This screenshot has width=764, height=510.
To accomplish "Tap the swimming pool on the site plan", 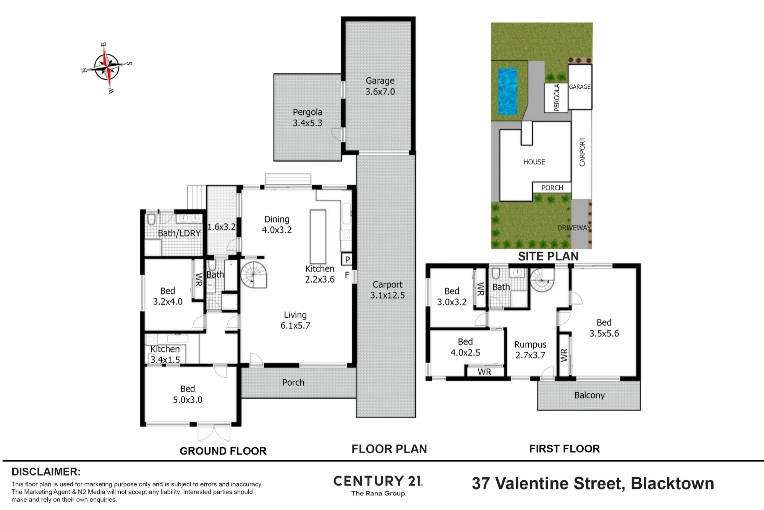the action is pyautogui.click(x=508, y=92).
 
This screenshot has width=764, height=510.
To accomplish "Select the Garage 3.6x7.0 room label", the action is pyautogui.click(x=380, y=86).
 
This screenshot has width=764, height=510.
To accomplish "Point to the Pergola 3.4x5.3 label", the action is pyautogui.click(x=308, y=117).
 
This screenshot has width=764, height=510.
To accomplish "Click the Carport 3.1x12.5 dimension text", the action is pyautogui.click(x=387, y=290).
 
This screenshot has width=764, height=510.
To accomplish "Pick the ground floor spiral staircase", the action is pyautogui.click(x=253, y=274).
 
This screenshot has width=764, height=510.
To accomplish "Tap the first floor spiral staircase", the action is pyautogui.click(x=542, y=280).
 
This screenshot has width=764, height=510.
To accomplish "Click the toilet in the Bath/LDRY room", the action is pyautogui.click(x=151, y=219).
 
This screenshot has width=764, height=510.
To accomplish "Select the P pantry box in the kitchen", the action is pyautogui.click(x=347, y=260).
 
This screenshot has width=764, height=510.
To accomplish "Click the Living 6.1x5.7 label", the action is pyautogui.click(x=295, y=320).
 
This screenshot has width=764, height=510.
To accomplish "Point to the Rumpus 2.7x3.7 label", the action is pyautogui.click(x=530, y=350).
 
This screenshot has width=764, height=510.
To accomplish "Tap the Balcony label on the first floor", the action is pyautogui.click(x=589, y=395).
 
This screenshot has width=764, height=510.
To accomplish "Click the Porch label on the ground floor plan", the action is pyautogui.click(x=293, y=382).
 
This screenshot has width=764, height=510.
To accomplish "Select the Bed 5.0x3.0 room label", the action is pyautogui.click(x=188, y=394).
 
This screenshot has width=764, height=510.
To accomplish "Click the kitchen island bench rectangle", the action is pyautogui.click(x=318, y=237).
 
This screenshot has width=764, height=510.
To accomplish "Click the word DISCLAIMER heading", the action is pyautogui.click(x=46, y=472).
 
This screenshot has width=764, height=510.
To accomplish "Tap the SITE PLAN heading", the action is pyautogui.click(x=548, y=256).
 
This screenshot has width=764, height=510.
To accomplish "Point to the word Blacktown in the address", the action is pyautogui.click(x=672, y=484).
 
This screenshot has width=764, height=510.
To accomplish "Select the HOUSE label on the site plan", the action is pyautogui.click(x=534, y=162).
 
